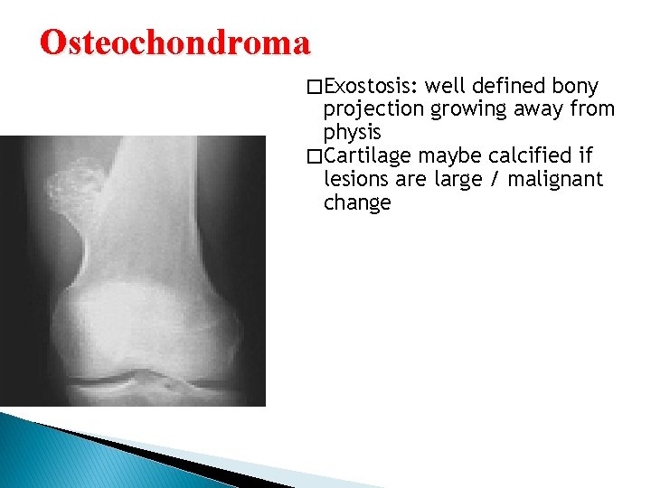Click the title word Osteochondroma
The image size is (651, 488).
pos(175,42)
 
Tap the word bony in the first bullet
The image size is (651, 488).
pos(575,87)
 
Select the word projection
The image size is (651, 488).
pos(373,110)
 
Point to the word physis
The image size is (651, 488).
pos(353,133)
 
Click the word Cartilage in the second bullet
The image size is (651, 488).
pos(368,156)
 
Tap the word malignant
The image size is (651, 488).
pos(555,179)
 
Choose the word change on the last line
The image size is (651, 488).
pos(357,202)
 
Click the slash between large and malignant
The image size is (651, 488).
pos(495,179)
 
